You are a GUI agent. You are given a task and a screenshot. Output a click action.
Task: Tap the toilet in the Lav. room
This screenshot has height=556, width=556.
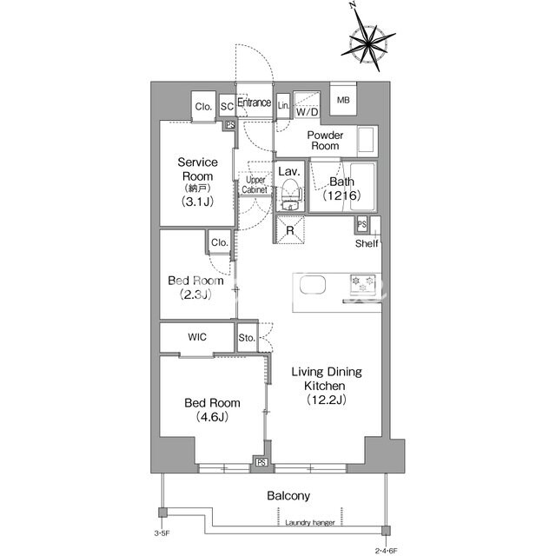click(290, 195)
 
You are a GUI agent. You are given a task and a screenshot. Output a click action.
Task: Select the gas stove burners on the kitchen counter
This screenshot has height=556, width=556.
click(362, 284)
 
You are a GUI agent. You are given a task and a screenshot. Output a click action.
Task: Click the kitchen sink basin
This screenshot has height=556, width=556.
click(313, 285)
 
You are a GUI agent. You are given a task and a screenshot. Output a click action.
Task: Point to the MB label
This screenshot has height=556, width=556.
click(343, 100)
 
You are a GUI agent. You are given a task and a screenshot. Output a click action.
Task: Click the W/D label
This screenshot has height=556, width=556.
click(307, 112)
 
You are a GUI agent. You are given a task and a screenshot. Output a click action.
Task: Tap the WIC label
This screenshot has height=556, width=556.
click(197, 337)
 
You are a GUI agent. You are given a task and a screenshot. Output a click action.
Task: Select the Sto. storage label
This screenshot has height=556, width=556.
click(247, 338)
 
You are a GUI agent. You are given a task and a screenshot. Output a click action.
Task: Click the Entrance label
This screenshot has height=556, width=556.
click(255, 103)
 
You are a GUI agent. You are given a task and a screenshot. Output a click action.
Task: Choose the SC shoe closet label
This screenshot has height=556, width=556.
click(227, 106)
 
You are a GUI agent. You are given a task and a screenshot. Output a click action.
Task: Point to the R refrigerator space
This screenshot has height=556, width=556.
click(290, 230)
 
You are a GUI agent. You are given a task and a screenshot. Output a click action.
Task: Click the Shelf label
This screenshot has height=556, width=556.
click(367, 243)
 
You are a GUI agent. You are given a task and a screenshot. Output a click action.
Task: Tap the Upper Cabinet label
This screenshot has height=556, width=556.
click(255, 185)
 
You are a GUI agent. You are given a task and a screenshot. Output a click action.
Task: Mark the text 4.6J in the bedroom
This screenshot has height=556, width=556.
click(212, 417)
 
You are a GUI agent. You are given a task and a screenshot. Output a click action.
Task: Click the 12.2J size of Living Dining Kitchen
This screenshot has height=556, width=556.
click(327, 400)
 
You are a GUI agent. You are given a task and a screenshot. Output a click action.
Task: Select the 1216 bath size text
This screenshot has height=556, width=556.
click(341, 195)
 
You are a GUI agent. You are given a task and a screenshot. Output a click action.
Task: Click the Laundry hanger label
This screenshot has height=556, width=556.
click(310, 522)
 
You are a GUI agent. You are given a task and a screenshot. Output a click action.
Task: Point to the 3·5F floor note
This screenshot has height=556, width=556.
click(162, 533)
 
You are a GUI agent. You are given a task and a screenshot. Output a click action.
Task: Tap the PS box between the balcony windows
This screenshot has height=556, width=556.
click(261, 462)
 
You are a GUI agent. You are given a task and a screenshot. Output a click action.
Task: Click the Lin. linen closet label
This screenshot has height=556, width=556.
click(283, 105)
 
